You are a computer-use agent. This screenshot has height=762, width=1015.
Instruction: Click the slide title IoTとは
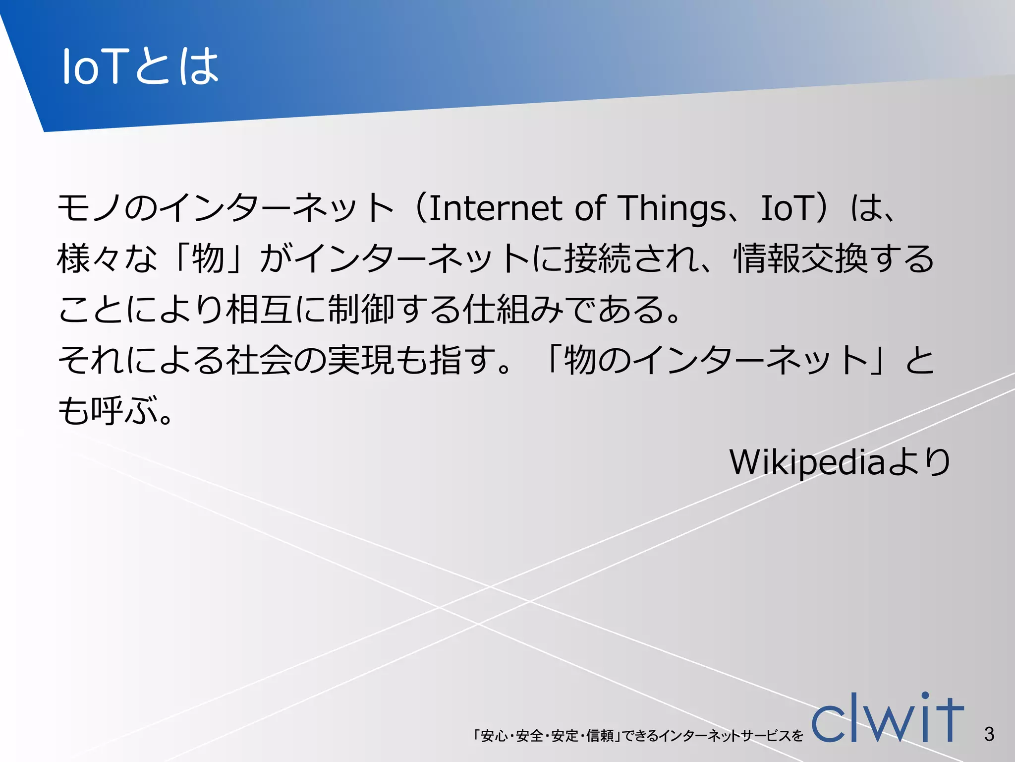click(x=140, y=66)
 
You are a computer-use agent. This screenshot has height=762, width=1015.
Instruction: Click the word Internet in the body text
click(x=496, y=208)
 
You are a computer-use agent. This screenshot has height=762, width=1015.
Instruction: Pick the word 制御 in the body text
click(x=361, y=310)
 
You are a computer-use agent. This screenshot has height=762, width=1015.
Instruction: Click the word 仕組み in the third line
click(x=513, y=310)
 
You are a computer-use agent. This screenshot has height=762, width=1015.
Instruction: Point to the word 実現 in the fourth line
click(x=361, y=360)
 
